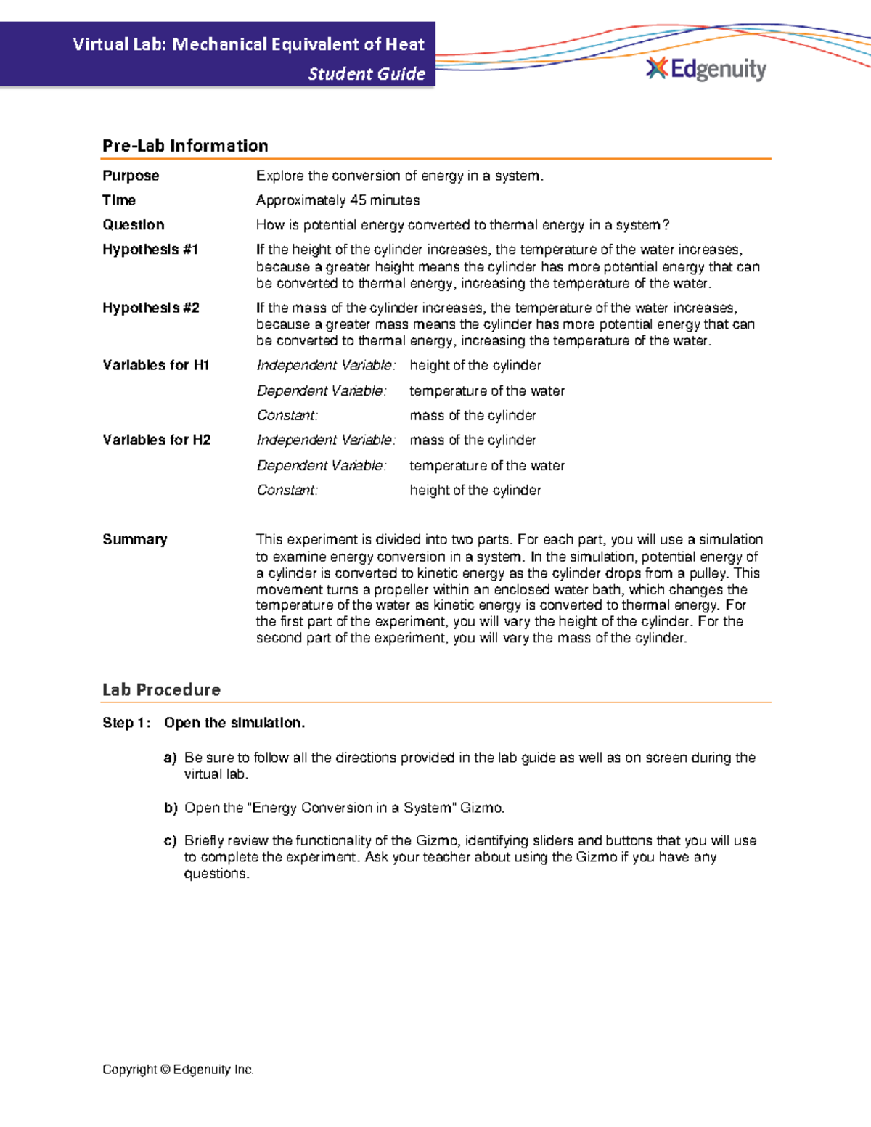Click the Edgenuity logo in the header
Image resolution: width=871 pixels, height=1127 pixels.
[x=706, y=69]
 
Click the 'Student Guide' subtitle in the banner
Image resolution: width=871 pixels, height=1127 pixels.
[x=367, y=74]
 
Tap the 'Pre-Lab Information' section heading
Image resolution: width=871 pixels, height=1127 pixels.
[x=185, y=146]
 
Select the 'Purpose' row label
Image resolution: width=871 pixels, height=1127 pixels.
[x=131, y=176]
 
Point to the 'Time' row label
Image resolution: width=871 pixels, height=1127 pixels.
[x=119, y=200]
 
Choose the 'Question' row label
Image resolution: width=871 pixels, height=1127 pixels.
[x=134, y=225]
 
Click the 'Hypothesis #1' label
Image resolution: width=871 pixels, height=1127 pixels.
[x=150, y=250]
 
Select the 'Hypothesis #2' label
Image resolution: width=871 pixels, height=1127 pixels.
[x=151, y=308]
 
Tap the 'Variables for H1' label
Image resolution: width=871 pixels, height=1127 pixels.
[x=156, y=365]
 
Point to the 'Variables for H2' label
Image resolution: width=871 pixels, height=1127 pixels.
[x=157, y=440]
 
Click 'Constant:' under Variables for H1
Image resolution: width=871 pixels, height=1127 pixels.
[x=287, y=416]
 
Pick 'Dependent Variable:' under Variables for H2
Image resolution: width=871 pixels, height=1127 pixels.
[x=322, y=465]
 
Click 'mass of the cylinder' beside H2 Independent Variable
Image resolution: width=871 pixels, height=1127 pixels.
[x=473, y=440]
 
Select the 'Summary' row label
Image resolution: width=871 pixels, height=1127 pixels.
[x=135, y=539]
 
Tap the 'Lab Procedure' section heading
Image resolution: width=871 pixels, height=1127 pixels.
[x=161, y=689]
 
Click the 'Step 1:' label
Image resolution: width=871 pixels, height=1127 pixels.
[x=127, y=723]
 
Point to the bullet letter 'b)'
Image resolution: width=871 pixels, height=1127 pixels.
[x=171, y=808]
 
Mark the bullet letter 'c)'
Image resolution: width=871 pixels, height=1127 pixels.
[x=171, y=841]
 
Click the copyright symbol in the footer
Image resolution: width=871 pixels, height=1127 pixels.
[x=165, y=1070]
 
